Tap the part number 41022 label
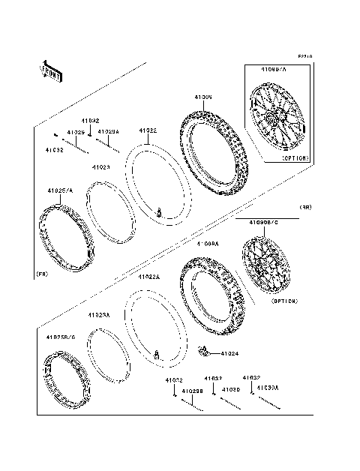(148, 130)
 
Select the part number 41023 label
(101, 167)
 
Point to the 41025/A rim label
(60, 190)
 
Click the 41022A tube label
(149, 277)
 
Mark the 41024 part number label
(230, 352)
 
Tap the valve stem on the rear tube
(157, 353)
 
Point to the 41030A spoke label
(267, 388)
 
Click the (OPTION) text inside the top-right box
(294, 158)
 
